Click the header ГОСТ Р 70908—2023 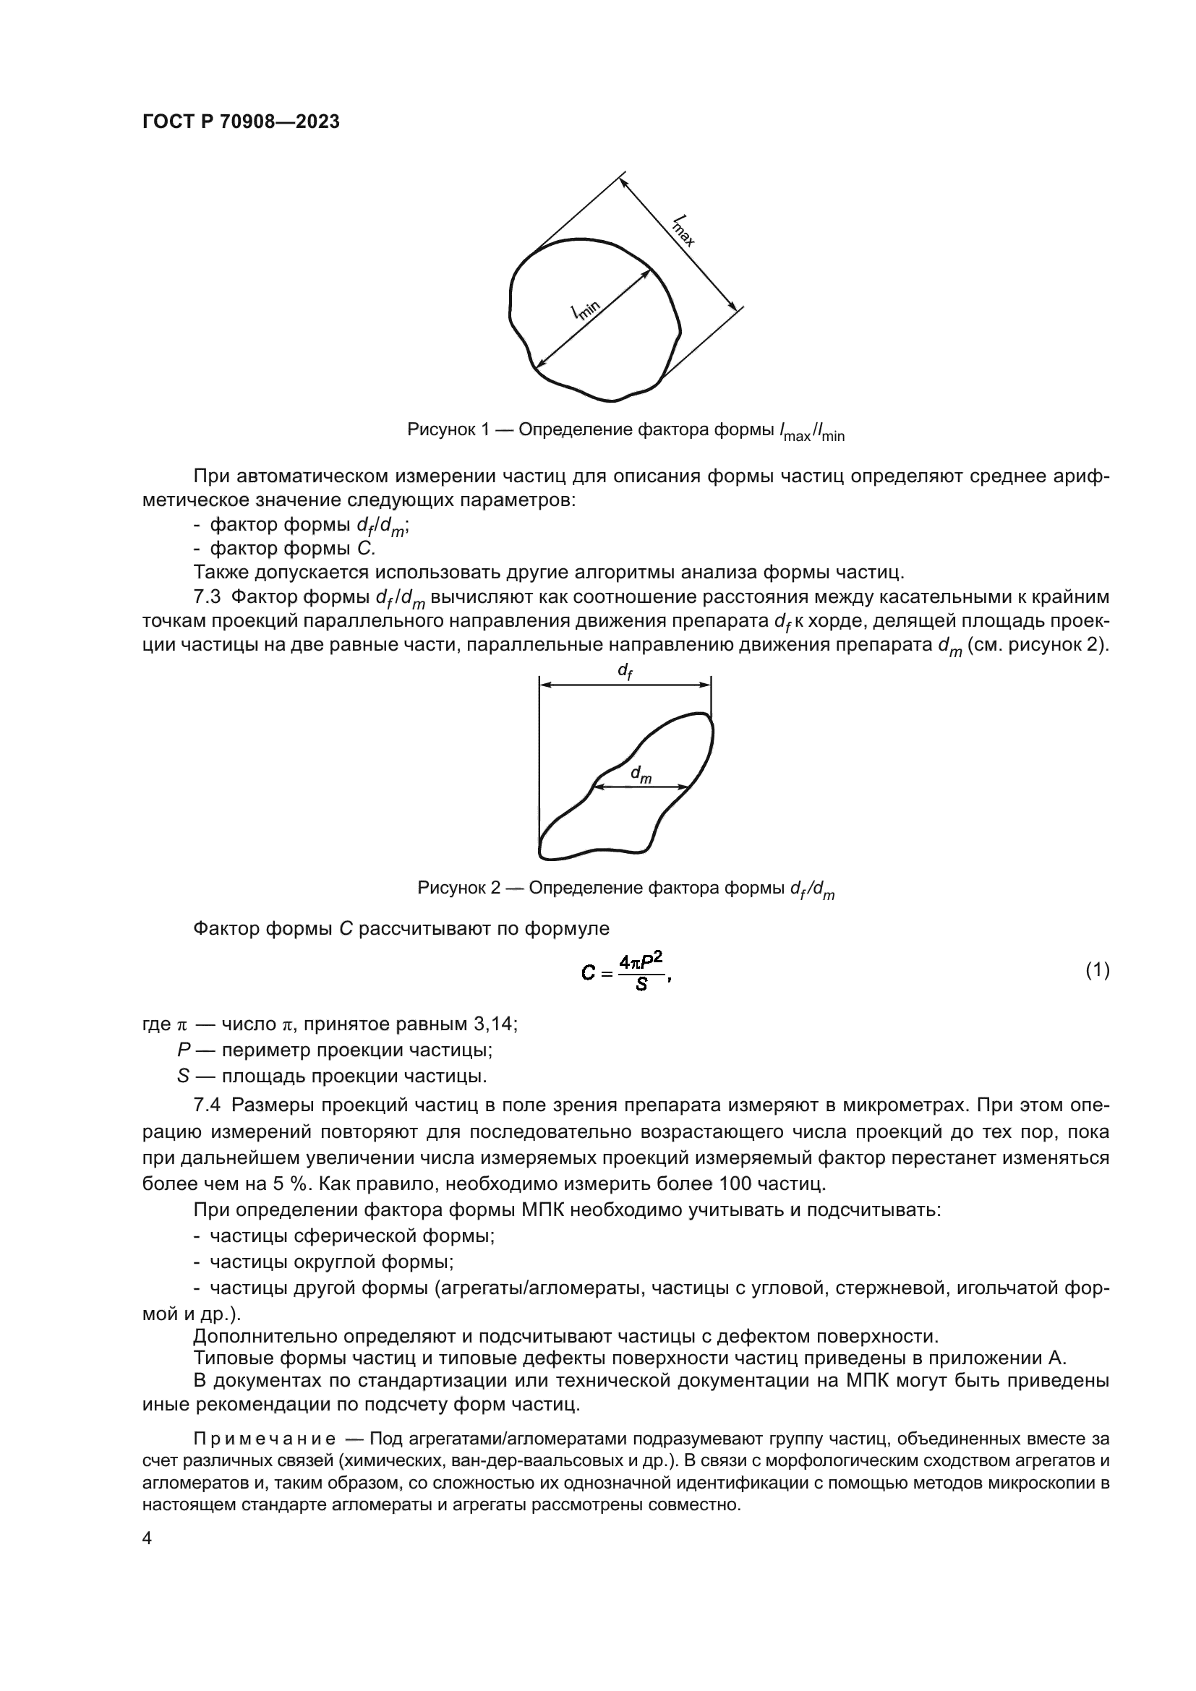click(241, 122)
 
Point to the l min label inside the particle click(586, 309)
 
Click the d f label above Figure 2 click(625, 671)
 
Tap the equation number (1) click(1098, 972)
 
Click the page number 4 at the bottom click(148, 1539)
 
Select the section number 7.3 click(206, 596)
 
